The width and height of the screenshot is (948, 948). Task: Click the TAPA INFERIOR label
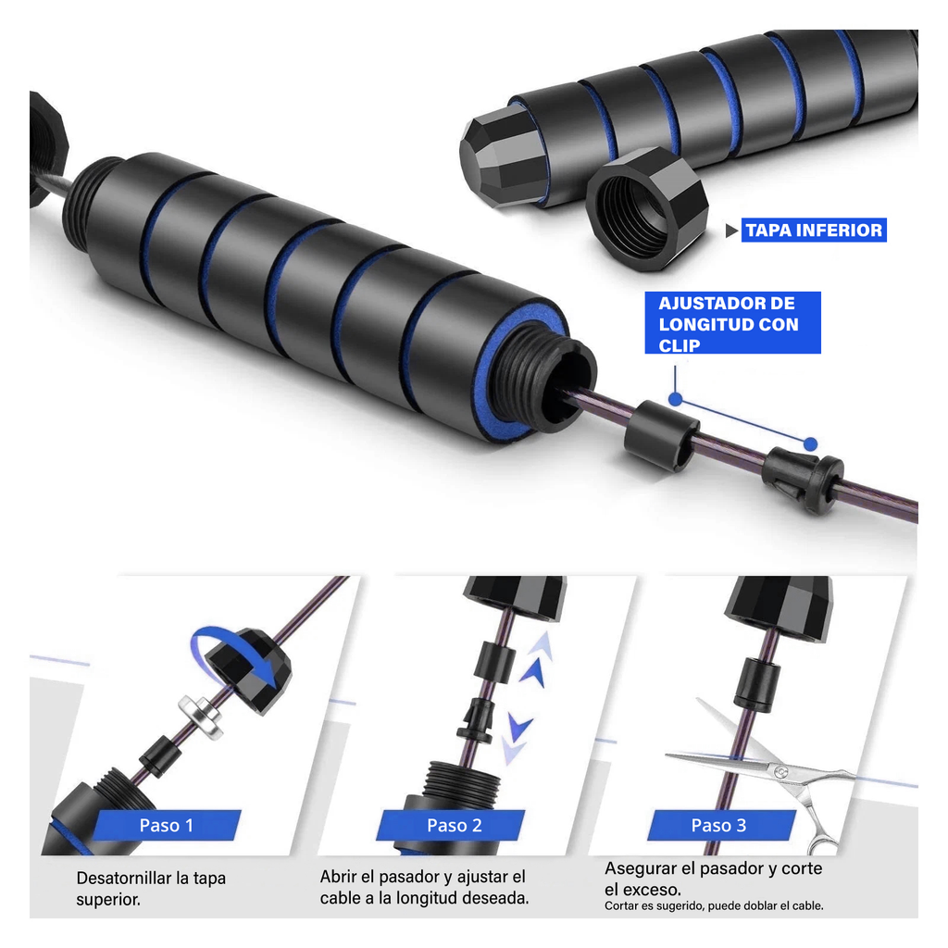click(x=814, y=230)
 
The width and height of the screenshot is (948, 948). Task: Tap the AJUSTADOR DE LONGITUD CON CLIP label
click(x=733, y=323)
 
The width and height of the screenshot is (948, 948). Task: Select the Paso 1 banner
click(x=167, y=825)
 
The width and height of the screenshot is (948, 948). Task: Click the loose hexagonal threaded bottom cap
click(x=647, y=209)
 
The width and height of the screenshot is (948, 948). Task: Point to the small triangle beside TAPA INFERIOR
click(x=731, y=231)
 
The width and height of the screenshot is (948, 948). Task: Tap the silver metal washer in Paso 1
click(x=201, y=717)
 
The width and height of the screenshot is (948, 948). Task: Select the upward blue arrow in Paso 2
click(x=536, y=661)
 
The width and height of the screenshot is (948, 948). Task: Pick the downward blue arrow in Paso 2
click(x=517, y=738)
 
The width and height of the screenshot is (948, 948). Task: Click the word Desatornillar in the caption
click(x=123, y=878)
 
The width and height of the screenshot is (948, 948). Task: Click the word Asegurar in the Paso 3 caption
click(x=641, y=869)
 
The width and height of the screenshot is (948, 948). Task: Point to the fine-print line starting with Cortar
click(x=714, y=905)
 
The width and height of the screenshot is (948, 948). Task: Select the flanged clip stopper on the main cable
click(x=803, y=480)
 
